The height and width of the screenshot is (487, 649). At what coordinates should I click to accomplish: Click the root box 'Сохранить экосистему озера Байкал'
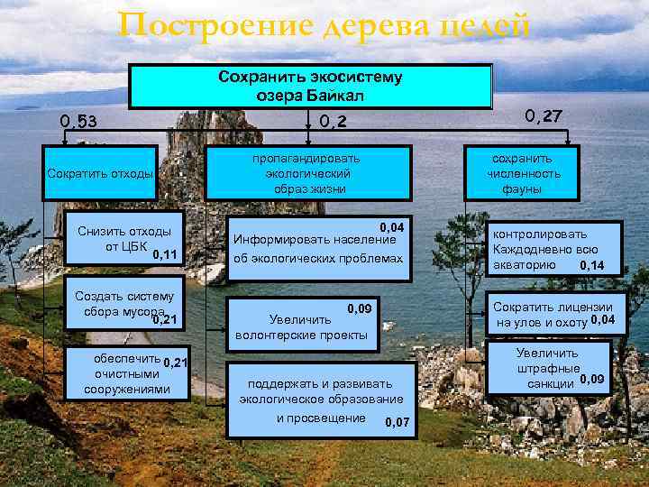coord(311,86)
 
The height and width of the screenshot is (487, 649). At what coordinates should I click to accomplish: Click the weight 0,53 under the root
coord(78,122)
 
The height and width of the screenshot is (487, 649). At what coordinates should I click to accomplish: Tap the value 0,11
coord(165,255)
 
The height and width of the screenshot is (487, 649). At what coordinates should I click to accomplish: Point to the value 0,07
coord(397,423)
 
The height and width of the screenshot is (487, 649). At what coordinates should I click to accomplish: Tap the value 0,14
coord(592,265)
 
